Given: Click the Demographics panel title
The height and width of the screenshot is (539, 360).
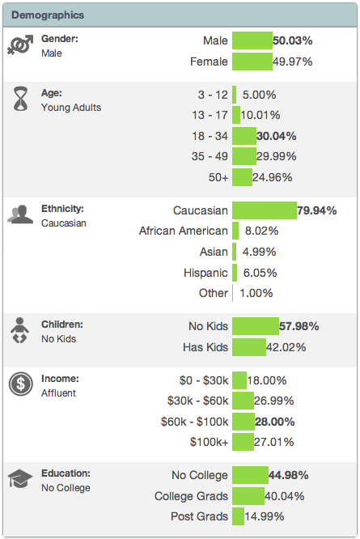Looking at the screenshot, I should pos(48,15).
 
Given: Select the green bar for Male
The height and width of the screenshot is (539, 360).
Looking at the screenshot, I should pos(252,40).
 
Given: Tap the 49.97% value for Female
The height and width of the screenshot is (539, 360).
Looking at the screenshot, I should pos(293,62).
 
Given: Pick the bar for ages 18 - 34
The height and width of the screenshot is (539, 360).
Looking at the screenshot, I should pos(244,135).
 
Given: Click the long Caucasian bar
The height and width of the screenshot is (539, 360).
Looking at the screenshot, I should pos(265,210).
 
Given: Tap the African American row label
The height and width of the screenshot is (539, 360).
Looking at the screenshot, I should pos(184,231).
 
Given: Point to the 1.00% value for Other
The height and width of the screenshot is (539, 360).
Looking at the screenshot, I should pos(256,293).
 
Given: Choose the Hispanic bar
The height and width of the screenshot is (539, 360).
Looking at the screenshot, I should pos(235,273).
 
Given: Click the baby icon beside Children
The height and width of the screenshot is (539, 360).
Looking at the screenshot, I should pos(19,331).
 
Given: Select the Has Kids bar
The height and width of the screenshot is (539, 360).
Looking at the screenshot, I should pos(249,347).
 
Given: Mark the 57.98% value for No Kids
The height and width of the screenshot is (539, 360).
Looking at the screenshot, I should pos(299,326).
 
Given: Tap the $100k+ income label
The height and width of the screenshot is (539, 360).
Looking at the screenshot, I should pos(208,442).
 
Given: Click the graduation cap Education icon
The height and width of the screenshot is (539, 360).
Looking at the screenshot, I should pos(19,479).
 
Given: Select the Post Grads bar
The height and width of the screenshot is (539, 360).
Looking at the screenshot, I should pos(238,516).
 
